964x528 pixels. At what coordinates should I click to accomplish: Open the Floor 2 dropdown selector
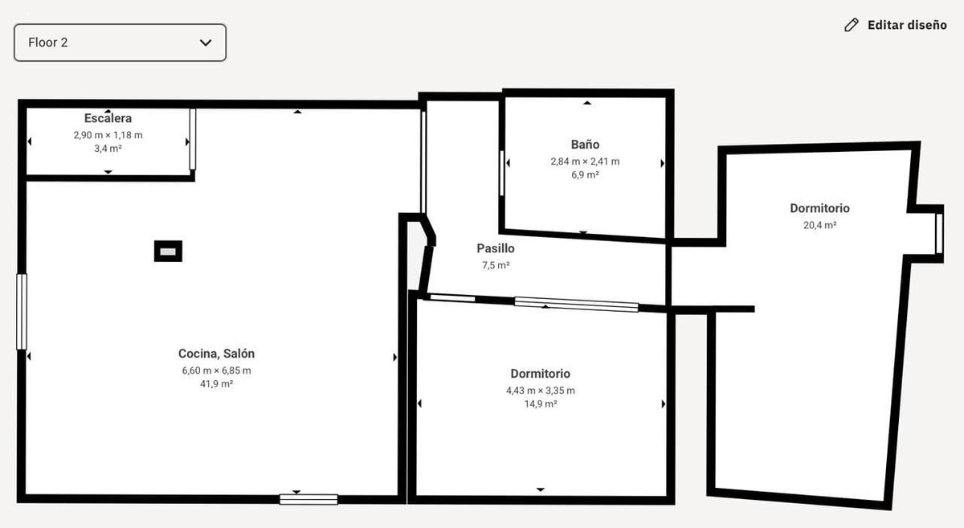[120, 43]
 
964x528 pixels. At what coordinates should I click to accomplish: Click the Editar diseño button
[906, 25]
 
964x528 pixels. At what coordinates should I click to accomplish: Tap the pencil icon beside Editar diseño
[852, 25]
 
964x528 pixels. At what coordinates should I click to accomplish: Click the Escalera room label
[108, 118]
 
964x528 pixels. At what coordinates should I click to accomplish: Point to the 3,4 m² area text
[108, 149]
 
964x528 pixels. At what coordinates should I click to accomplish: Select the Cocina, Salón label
[216, 354]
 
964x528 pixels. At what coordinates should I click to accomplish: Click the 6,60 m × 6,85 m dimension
[216, 370]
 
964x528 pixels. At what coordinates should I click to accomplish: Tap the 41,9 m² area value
[216, 384]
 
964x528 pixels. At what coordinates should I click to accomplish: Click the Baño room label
[585, 145]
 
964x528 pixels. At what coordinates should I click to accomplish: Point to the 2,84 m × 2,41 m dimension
[585, 161]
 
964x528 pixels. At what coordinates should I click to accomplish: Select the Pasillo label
[495, 248]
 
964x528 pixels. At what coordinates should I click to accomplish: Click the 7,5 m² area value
[495, 265]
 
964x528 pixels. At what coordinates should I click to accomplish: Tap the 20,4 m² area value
[819, 226]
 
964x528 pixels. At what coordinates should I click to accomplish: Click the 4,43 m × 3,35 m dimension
[540, 391]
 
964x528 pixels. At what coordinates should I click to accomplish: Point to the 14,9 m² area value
[540, 404]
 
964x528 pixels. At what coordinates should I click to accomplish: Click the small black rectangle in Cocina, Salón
[168, 252]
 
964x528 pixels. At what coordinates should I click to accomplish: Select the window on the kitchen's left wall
[22, 312]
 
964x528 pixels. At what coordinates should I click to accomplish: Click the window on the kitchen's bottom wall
[308, 499]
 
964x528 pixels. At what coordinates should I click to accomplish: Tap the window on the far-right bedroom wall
[938, 233]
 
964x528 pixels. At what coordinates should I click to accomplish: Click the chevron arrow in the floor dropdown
[206, 43]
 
